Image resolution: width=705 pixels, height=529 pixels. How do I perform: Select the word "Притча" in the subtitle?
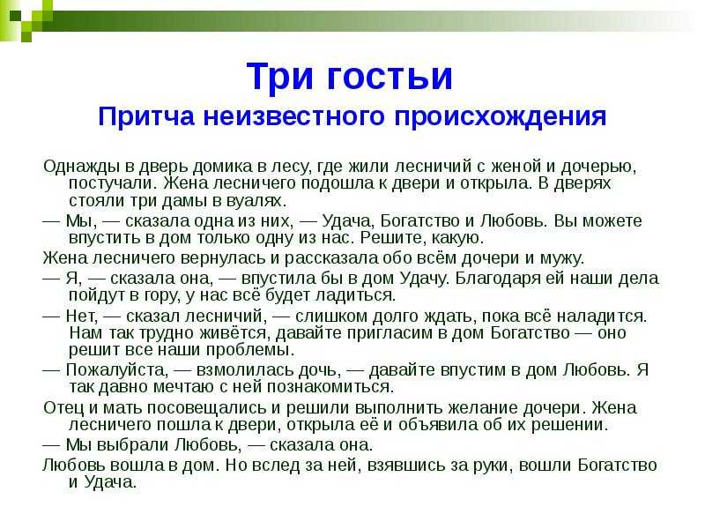tap(146, 116)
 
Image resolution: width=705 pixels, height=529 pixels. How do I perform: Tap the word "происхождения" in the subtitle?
tap(501, 117)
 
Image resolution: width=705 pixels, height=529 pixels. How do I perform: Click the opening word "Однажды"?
tap(82, 167)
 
